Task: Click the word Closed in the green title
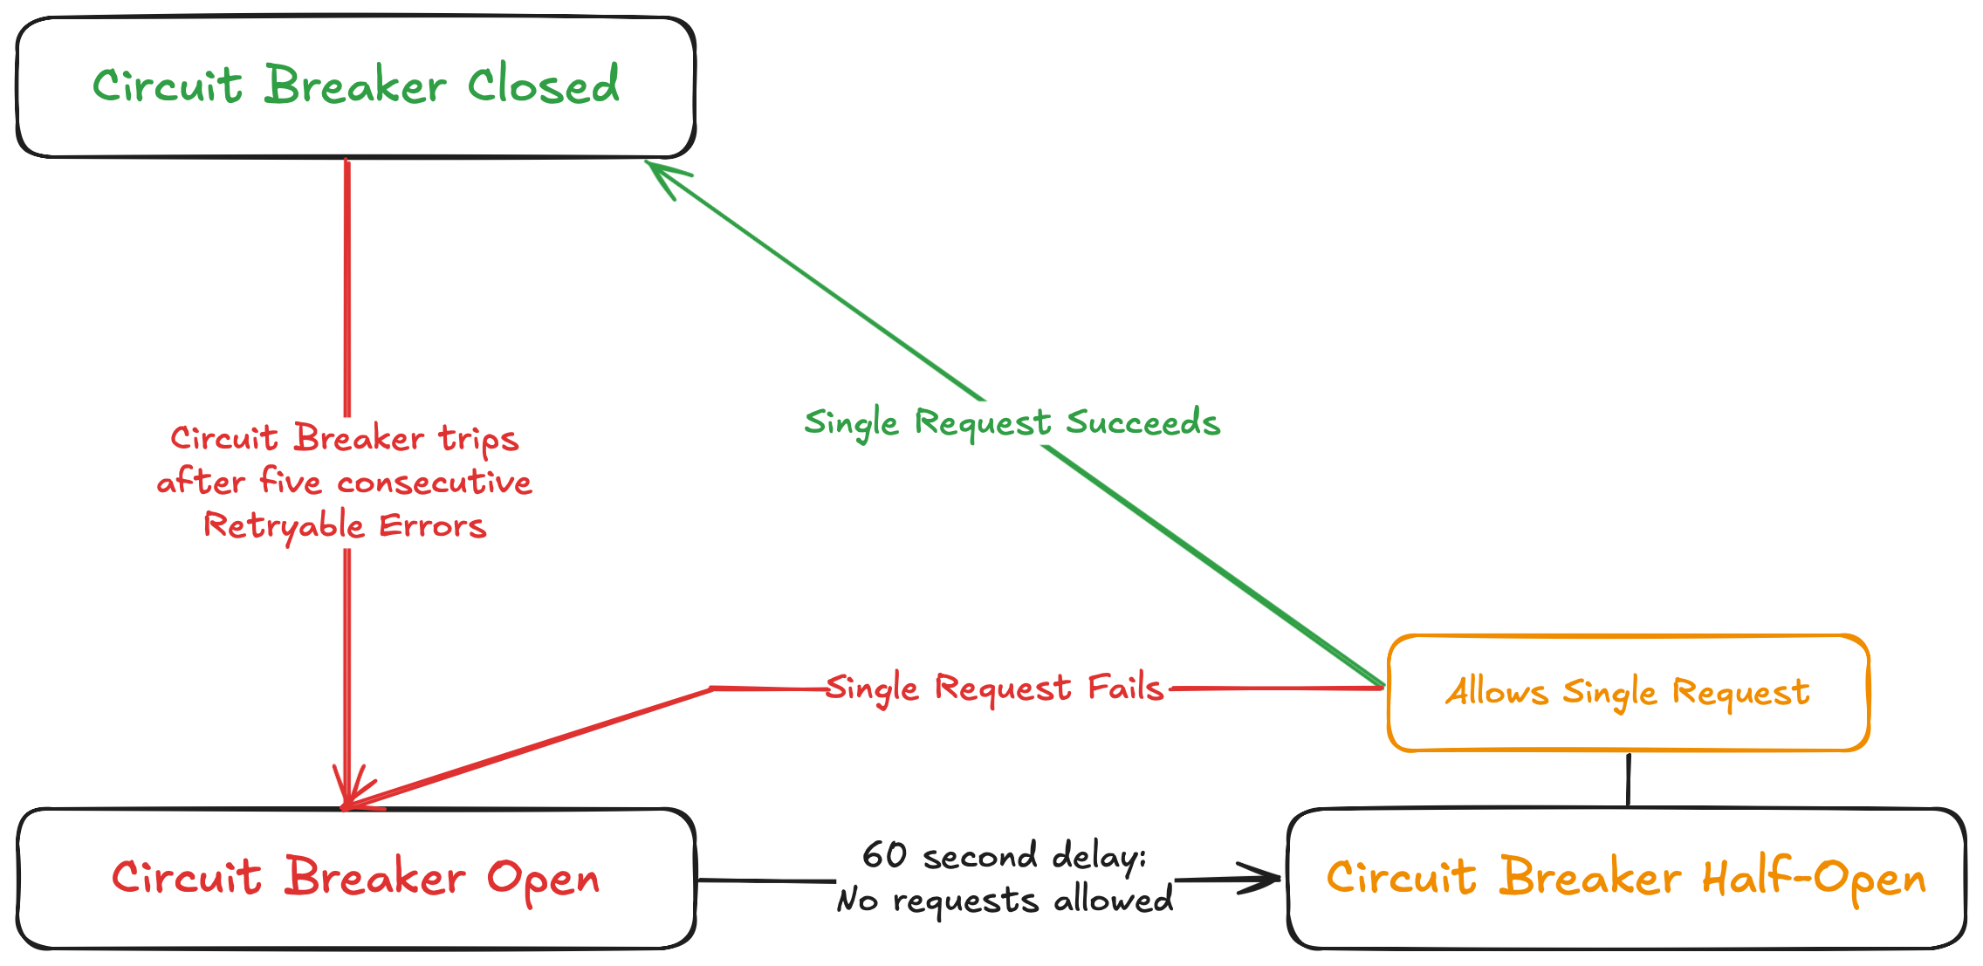(x=543, y=86)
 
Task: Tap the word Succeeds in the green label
(x=1142, y=422)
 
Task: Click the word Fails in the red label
(x=1125, y=688)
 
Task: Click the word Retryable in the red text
(x=284, y=526)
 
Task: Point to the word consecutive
(x=434, y=483)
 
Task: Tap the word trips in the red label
(x=478, y=439)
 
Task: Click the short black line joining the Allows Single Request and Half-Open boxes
(x=1629, y=779)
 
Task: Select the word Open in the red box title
(x=543, y=879)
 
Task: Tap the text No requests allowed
(x=1004, y=900)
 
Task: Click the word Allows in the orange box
(x=1496, y=692)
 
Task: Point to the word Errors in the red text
(x=432, y=526)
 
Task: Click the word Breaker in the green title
(x=355, y=86)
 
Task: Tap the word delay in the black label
(x=1098, y=856)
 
